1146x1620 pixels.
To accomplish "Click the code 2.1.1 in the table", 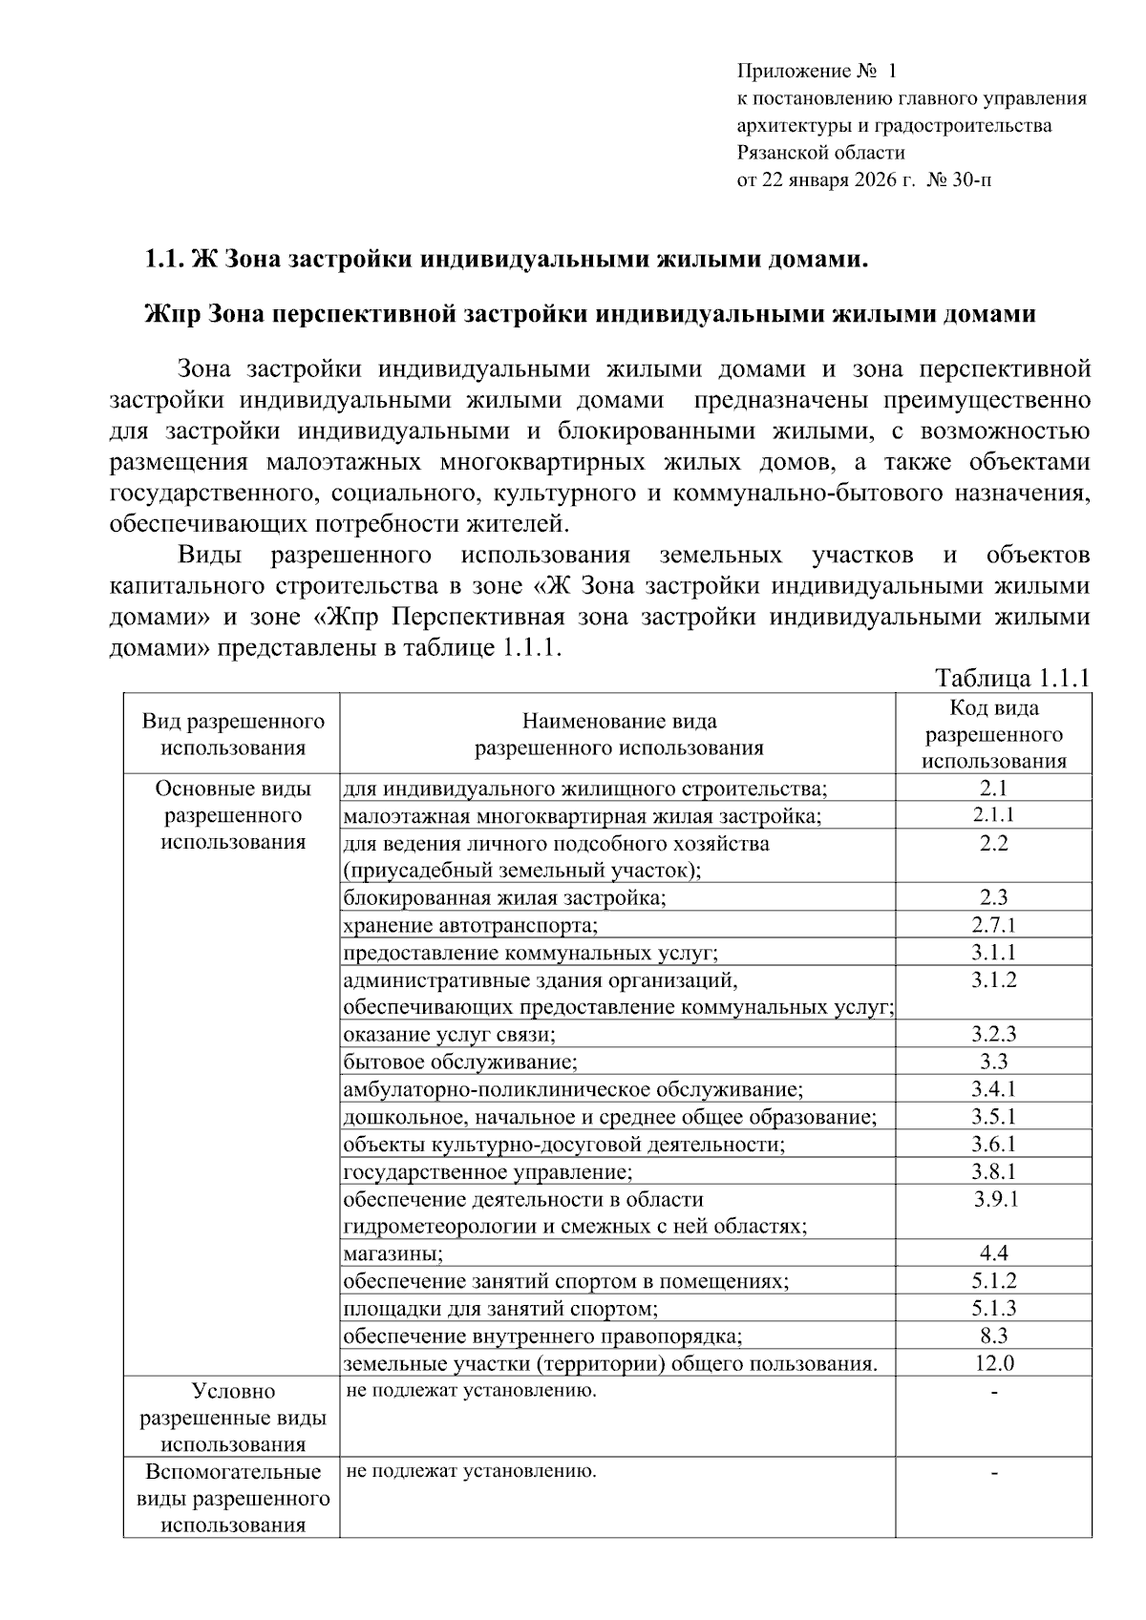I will click(x=993, y=814).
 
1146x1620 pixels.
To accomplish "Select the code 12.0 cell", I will click(x=994, y=1363).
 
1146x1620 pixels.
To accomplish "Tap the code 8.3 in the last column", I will click(x=993, y=1336).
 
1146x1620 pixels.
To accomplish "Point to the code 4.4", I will click(x=993, y=1253).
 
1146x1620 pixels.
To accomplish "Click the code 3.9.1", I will click(x=995, y=1199).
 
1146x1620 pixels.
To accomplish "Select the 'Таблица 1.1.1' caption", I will click(x=1012, y=678).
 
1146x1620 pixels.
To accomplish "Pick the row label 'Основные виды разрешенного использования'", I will click(x=233, y=815).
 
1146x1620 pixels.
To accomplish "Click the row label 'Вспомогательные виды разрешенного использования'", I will click(x=233, y=1498).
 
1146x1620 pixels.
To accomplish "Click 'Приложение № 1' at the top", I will click(x=817, y=72).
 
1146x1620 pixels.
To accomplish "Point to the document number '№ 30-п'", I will click(x=959, y=179).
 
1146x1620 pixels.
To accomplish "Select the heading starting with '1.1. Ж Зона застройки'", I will click(x=506, y=260).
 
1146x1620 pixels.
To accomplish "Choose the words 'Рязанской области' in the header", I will click(x=820, y=152).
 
